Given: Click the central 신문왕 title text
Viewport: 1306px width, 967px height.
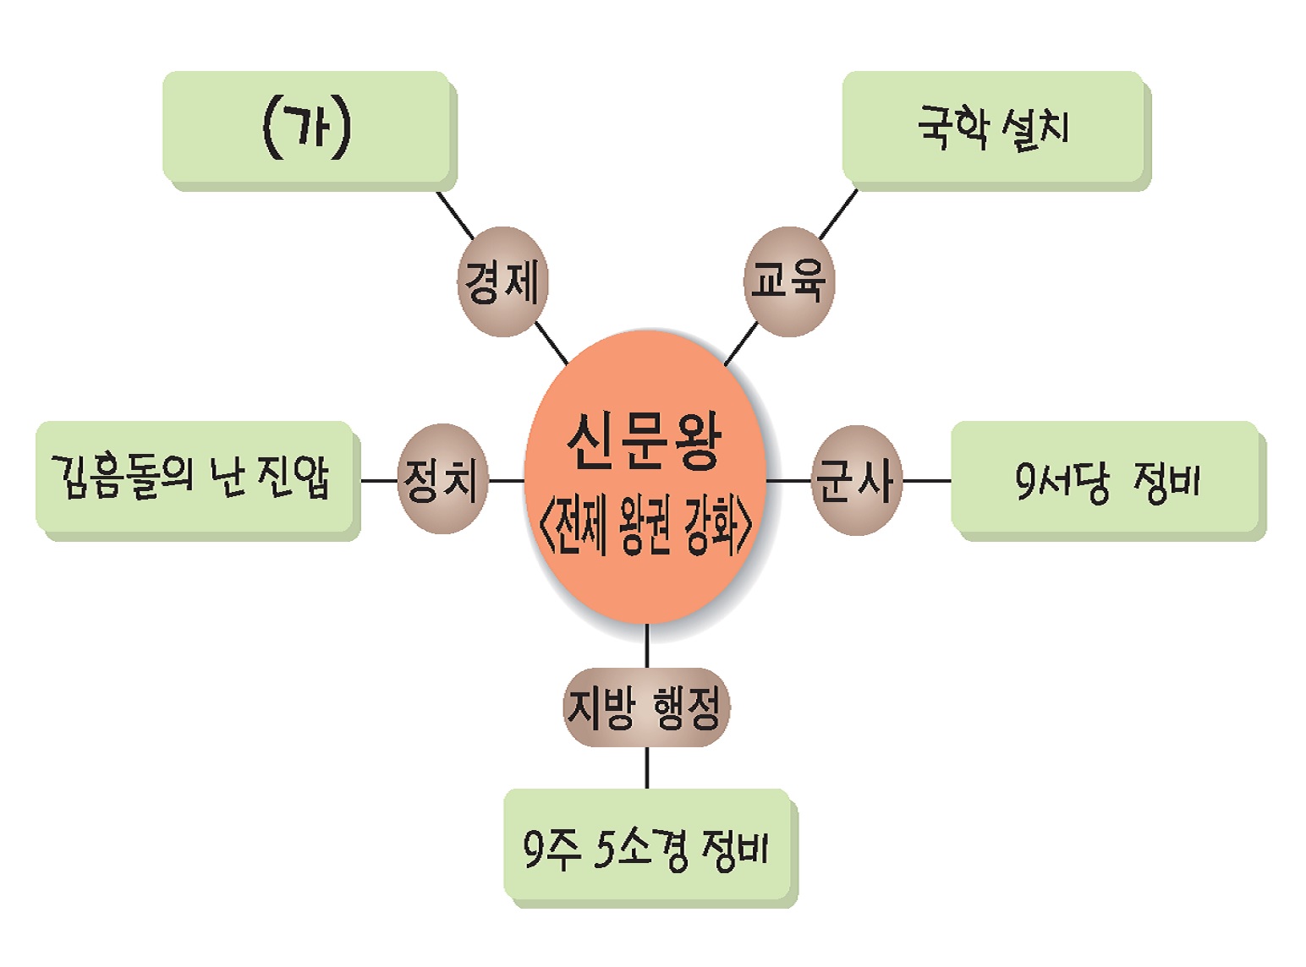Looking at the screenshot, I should pos(645,441).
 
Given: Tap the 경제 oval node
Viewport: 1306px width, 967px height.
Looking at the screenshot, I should pos(502,281).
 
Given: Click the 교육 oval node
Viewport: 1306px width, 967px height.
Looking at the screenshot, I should pos(788,281).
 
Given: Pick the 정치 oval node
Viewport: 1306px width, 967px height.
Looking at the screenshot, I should pos(442,479).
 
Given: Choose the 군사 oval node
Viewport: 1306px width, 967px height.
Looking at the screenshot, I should pos(856,480).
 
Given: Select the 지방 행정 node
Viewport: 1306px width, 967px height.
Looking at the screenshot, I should pos(646,707).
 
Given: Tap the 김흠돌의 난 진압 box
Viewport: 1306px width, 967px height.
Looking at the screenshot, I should pos(194,478).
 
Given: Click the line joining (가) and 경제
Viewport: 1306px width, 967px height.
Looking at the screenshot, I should pos(455,216).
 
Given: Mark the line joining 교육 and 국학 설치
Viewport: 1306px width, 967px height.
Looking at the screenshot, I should pos(837,214).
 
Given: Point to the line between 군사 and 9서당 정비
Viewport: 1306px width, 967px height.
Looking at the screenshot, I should pos(927,481).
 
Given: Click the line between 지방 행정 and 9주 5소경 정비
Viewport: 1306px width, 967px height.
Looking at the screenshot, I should pos(647,768).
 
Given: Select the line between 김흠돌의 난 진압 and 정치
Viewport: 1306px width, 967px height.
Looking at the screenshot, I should pos(378,481).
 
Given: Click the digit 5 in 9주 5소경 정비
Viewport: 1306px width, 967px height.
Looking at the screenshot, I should pos(603,848).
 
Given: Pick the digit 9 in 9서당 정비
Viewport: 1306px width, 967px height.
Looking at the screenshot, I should pos(1025,480).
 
